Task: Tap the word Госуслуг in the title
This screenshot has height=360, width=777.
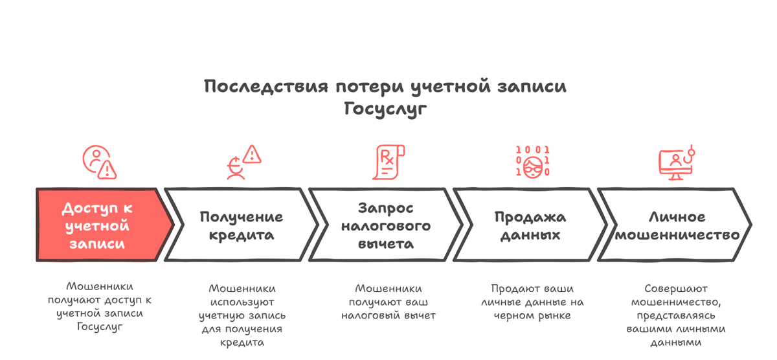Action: (387, 109)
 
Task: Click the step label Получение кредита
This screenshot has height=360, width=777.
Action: (241, 226)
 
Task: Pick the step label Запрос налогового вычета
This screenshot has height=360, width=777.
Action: (386, 226)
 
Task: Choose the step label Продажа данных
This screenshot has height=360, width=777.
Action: (530, 226)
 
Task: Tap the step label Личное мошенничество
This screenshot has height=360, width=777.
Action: (677, 226)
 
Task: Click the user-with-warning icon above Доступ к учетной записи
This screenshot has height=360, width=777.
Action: (99, 162)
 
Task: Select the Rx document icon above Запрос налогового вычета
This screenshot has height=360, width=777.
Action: (387, 162)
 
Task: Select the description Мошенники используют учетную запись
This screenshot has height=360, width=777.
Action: (242, 315)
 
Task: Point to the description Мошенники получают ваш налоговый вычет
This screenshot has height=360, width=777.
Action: (388, 302)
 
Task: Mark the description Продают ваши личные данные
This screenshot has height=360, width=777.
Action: (532, 302)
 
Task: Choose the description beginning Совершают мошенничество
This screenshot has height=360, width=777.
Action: (676, 315)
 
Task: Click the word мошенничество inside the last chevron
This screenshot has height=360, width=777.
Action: (677, 235)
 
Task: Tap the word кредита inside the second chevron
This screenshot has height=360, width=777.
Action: (241, 235)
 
